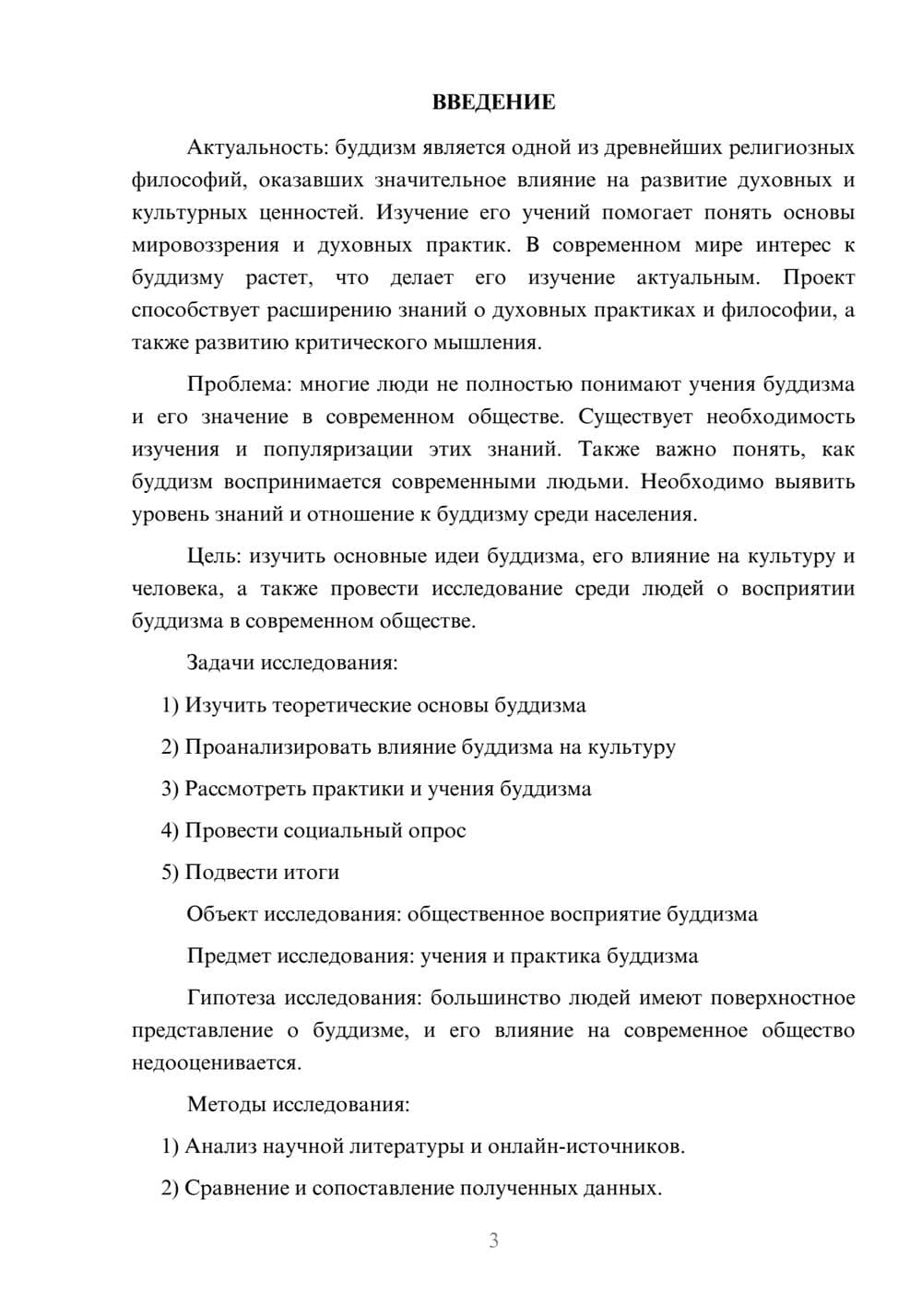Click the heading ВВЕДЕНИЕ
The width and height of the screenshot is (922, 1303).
pos(493,102)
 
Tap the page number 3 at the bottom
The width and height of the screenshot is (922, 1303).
pos(493,1240)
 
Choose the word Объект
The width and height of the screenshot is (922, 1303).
pos(222,914)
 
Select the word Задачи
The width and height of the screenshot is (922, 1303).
pos(221,663)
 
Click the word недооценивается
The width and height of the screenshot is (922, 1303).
pos(216,1063)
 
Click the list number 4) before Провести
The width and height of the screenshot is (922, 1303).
pos(170,830)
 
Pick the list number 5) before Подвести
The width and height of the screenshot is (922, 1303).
pos(170,872)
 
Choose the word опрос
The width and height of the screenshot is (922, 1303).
pos(436,831)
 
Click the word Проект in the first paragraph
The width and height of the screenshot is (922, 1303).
pos(819,278)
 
